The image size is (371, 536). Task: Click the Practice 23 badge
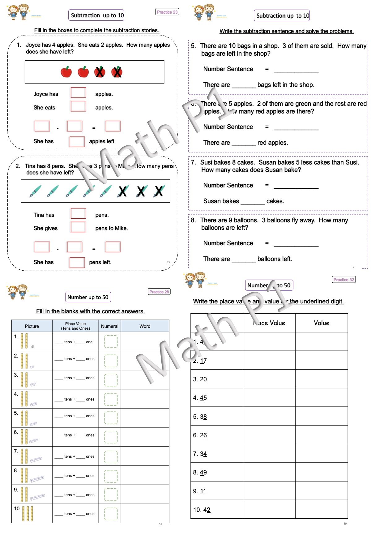(x=167, y=12)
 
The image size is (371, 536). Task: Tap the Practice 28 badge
(x=159, y=292)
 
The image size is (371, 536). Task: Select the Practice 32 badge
(x=343, y=280)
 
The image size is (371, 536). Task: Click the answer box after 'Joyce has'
(x=79, y=93)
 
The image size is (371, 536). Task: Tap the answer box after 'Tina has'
(x=79, y=214)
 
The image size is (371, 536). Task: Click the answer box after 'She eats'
(x=79, y=106)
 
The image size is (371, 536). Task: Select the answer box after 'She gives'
(x=79, y=227)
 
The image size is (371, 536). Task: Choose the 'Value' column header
(x=322, y=323)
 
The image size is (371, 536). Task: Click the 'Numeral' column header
(x=110, y=326)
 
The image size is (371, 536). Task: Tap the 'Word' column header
(x=145, y=326)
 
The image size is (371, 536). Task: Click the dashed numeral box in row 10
(x=111, y=514)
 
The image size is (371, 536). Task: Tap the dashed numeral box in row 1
(x=111, y=342)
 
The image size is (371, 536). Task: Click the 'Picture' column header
(x=32, y=326)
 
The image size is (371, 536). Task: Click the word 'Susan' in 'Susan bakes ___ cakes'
(x=212, y=201)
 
